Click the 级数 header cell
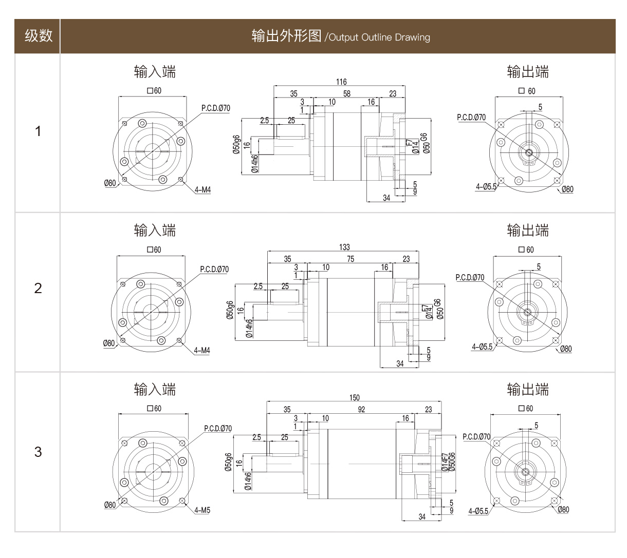coord(38,36)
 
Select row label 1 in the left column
coord(38,131)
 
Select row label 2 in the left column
coord(38,288)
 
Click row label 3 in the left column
coord(38,452)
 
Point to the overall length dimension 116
coord(341,82)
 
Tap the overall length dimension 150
coord(354,397)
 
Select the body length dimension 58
coord(347,93)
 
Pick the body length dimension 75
coord(351,259)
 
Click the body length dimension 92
coord(361,409)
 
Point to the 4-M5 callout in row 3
coord(202,510)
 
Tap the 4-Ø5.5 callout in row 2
coord(482,347)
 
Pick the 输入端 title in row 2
coord(155,230)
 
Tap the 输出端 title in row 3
coord(527,389)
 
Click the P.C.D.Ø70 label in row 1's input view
coord(215,108)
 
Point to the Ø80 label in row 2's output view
coord(565,349)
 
